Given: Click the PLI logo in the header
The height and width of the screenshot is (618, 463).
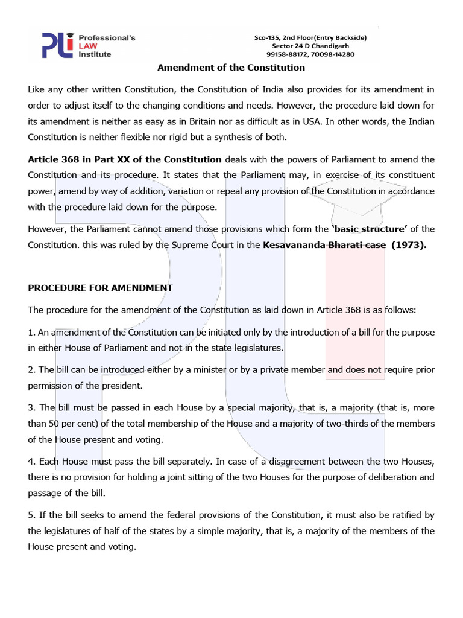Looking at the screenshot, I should [x=58, y=45].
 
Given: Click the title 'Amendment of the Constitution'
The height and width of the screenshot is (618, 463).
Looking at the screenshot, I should [x=231, y=68].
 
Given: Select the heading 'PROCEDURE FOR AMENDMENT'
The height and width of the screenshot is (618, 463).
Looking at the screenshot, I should [x=100, y=288].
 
